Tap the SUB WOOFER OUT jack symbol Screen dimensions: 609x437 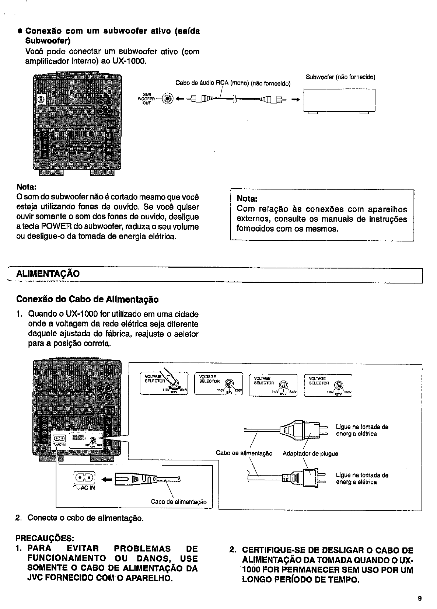[x=168, y=98]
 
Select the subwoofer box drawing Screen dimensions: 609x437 [x=339, y=100]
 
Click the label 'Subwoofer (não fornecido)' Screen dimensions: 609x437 [x=340, y=77]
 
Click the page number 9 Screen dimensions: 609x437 [x=420, y=598]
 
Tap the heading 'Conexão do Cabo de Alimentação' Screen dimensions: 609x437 [x=87, y=299]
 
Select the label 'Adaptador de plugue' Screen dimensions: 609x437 [x=310, y=453]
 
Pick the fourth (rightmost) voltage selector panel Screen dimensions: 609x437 [x=328, y=384]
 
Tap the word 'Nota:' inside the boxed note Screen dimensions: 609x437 [x=247, y=199]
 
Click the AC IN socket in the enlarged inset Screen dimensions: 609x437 [x=84, y=478]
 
